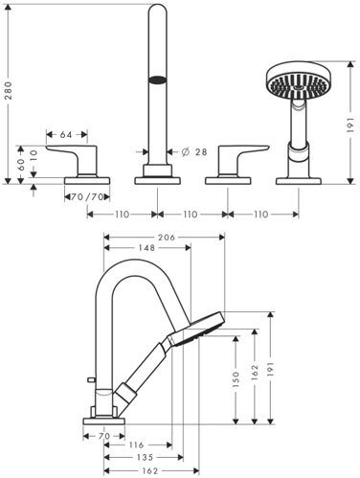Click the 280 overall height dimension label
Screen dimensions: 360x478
point(9,90)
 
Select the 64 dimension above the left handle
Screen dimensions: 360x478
point(66,135)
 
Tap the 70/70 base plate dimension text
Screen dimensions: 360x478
point(87,197)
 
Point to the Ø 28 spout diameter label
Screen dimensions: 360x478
point(194,152)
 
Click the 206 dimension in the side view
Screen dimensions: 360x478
point(167,238)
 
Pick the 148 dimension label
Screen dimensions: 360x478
point(146,247)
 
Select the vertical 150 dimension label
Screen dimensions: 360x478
point(236,379)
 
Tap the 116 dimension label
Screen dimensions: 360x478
point(137,444)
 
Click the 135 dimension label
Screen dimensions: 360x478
point(145,457)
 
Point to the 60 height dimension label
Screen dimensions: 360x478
point(21,165)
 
